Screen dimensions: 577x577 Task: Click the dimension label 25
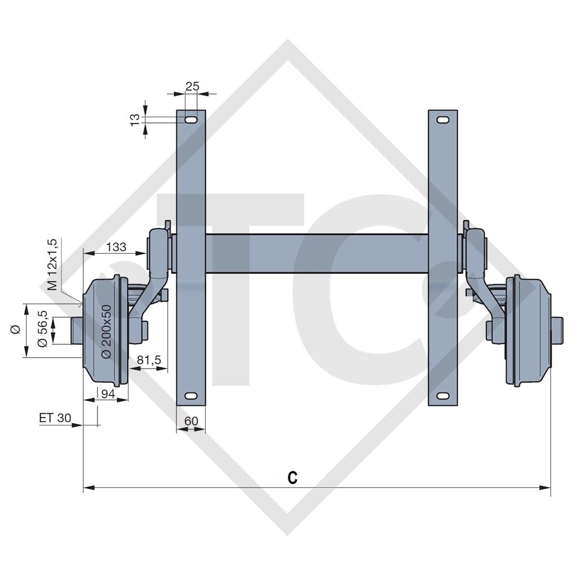192,86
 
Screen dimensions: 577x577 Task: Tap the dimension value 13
135,119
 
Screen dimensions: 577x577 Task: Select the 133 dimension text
116,246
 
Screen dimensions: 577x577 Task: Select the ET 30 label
55,418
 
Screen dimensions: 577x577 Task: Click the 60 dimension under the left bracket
191,421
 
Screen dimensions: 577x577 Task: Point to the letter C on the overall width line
292,478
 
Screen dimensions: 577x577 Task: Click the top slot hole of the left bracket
191,119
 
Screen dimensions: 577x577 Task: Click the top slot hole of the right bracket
443,119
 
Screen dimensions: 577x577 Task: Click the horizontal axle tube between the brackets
316,254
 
